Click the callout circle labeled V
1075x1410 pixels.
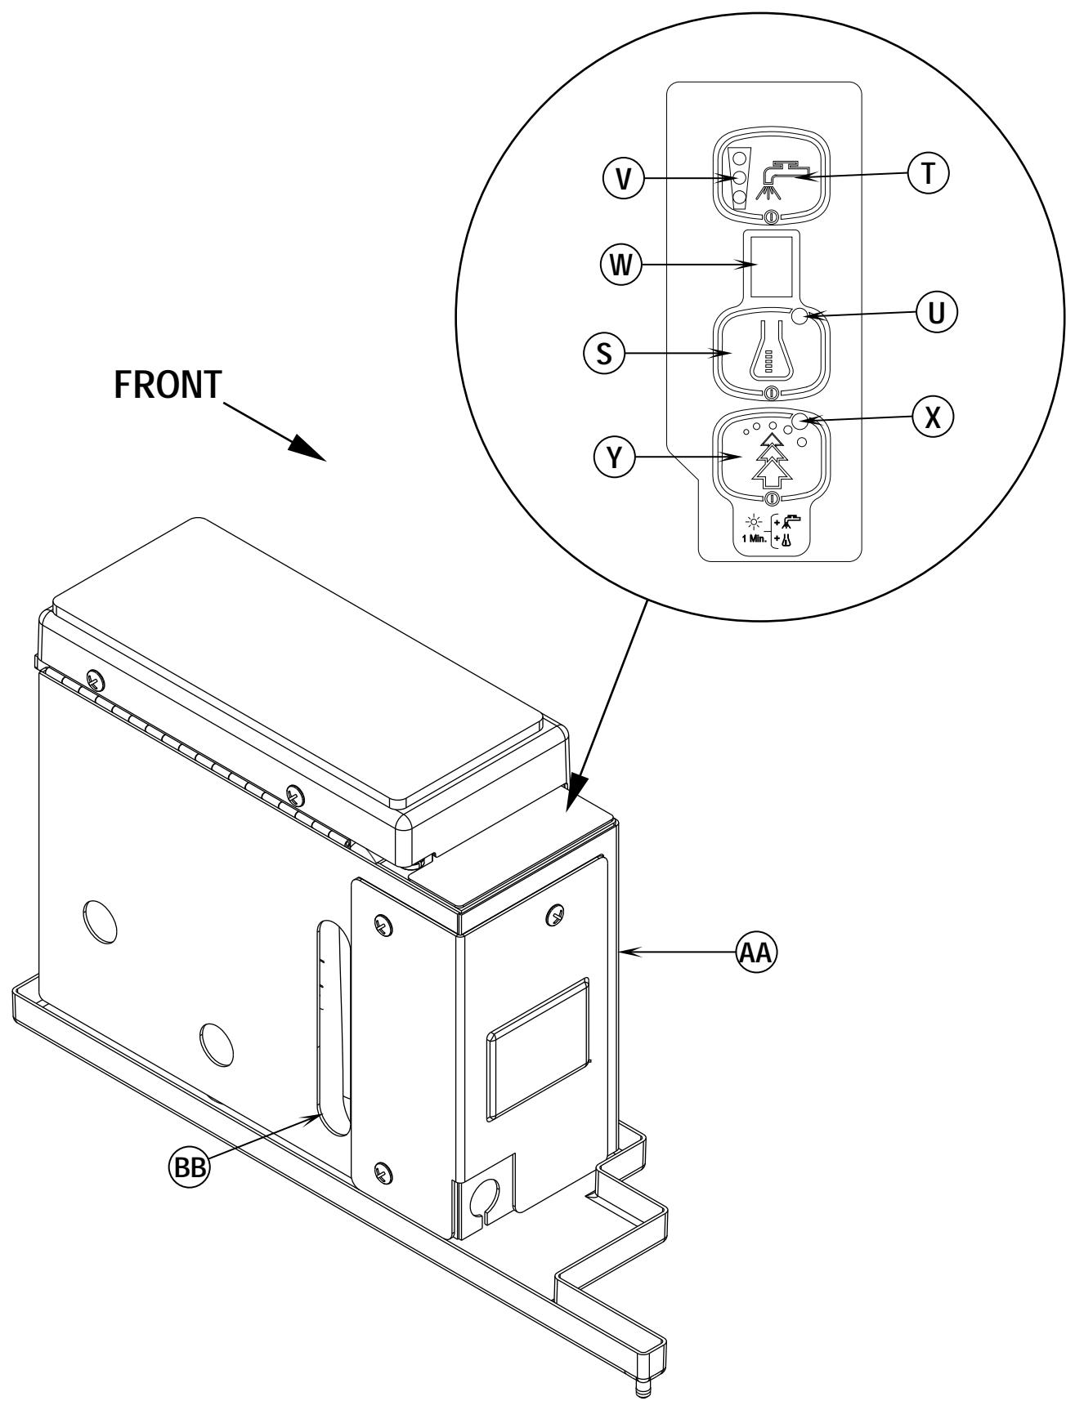coord(625,179)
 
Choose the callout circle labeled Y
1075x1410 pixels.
coord(608,457)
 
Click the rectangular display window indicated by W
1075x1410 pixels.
coord(772,265)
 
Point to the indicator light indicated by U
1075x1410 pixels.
coord(800,319)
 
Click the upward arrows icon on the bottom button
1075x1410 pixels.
coord(769,462)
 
